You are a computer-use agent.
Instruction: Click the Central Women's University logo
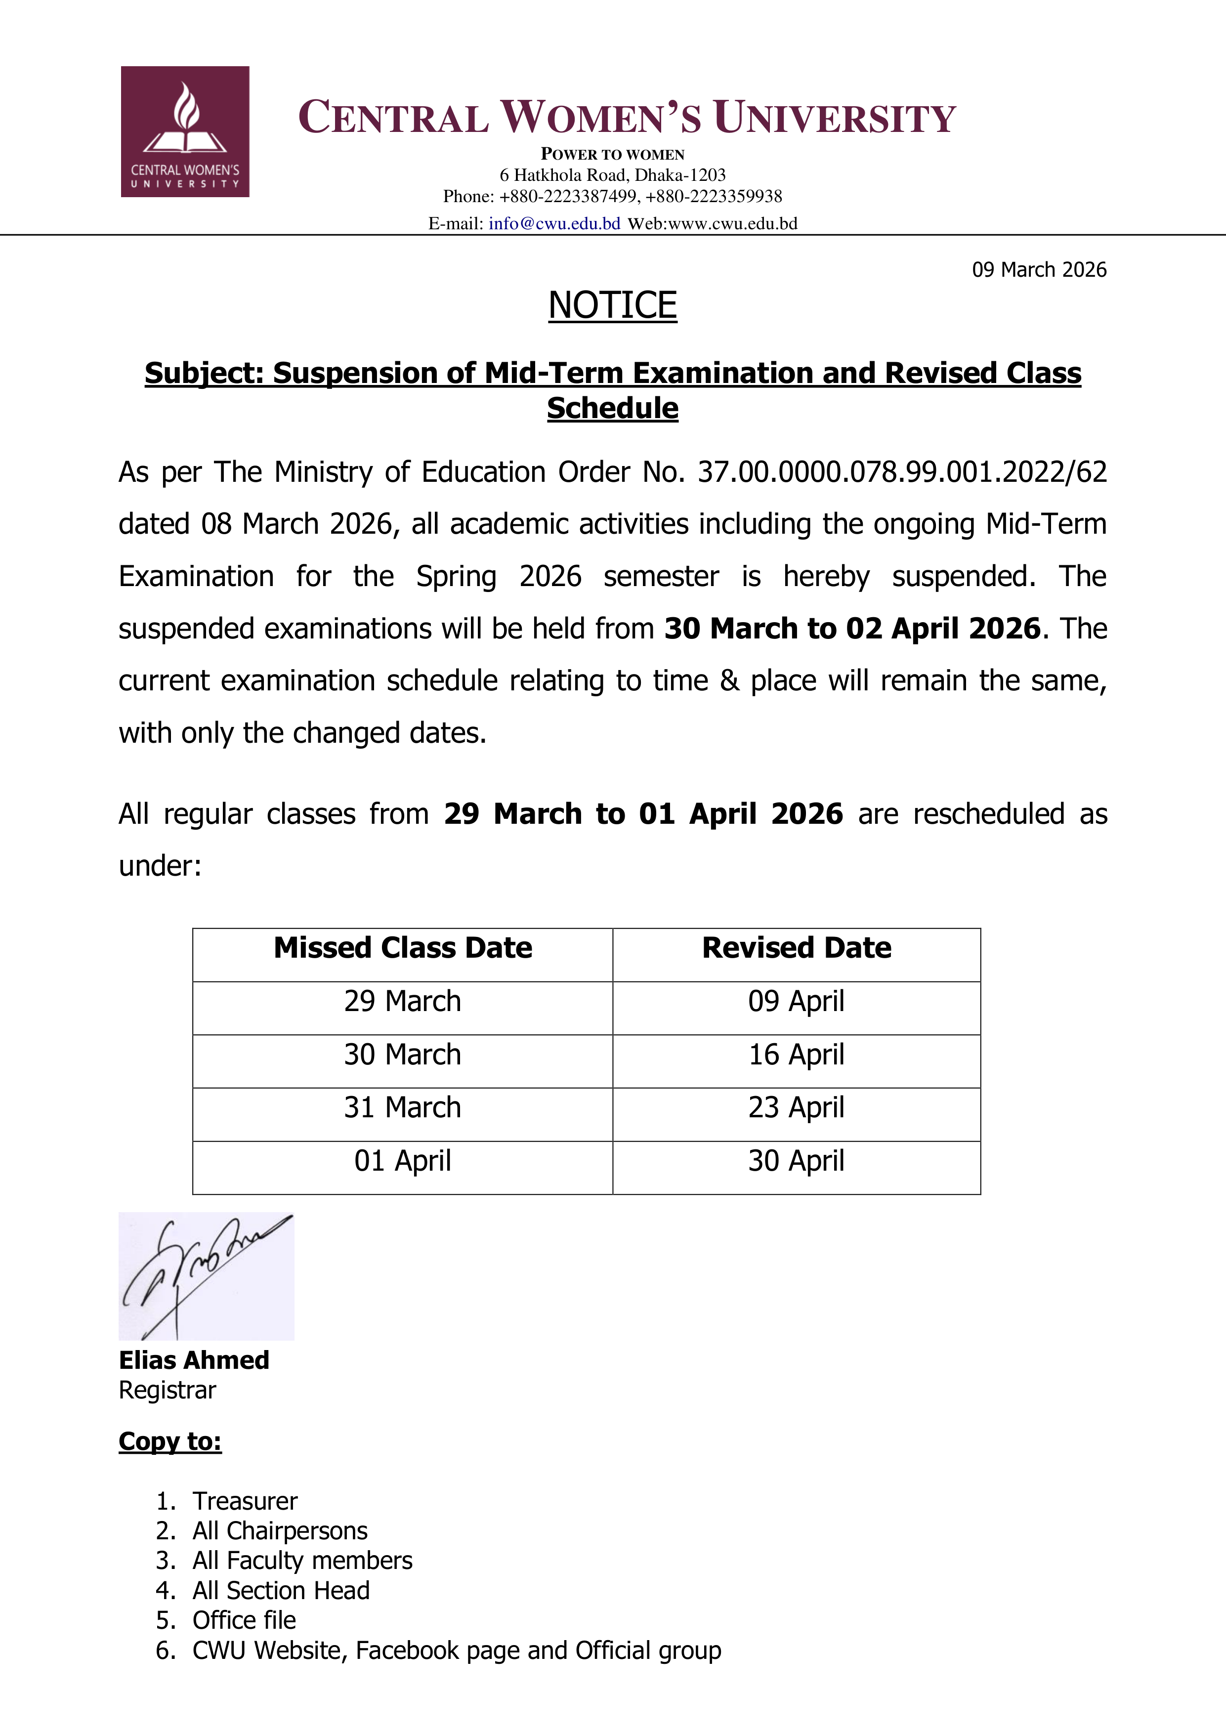pyautogui.click(x=185, y=132)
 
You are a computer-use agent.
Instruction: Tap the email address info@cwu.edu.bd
pyautogui.click(x=554, y=223)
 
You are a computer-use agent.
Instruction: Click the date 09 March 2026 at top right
pyautogui.click(x=1039, y=270)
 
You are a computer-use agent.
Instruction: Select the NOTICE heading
pyautogui.click(x=613, y=305)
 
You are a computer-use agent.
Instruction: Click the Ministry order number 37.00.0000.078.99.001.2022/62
pyautogui.click(x=902, y=472)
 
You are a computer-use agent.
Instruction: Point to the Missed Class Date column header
pyautogui.click(x=403, y=948)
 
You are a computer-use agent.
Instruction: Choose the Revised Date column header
pyautogui.click(x=796, y=948)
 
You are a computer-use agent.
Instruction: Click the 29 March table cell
pyautogui.click(x=403, y=1002)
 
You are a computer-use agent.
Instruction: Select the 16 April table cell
pyautogui.click(x=796, y=1055)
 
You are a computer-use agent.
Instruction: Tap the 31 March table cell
pyautogui.click(x=403, y=1107)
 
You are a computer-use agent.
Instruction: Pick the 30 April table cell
pyautogui.click(x=796, y=1161)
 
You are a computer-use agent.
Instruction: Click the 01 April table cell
pyautogui.click(x=403, y=1161)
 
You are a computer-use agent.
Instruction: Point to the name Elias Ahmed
pyautogui.click(x=194, y=1360)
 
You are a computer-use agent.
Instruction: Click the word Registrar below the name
pyautogui.click(x=168, y=1391)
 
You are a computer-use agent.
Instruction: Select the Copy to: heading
pyautogui.click(x=170, y=1442)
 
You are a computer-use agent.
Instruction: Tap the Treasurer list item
pyautogui.click(x=245, y=1501)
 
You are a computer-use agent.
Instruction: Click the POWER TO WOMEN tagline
pyautogui.click(x=613, y=154)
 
